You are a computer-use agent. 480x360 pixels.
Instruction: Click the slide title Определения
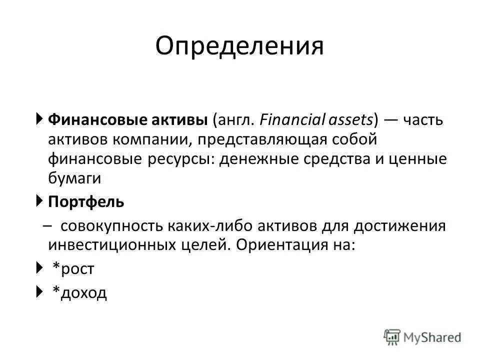pos(239,46)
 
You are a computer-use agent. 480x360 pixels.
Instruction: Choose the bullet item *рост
pos(73,269)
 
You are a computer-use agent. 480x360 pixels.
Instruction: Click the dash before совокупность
pos(47,226)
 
